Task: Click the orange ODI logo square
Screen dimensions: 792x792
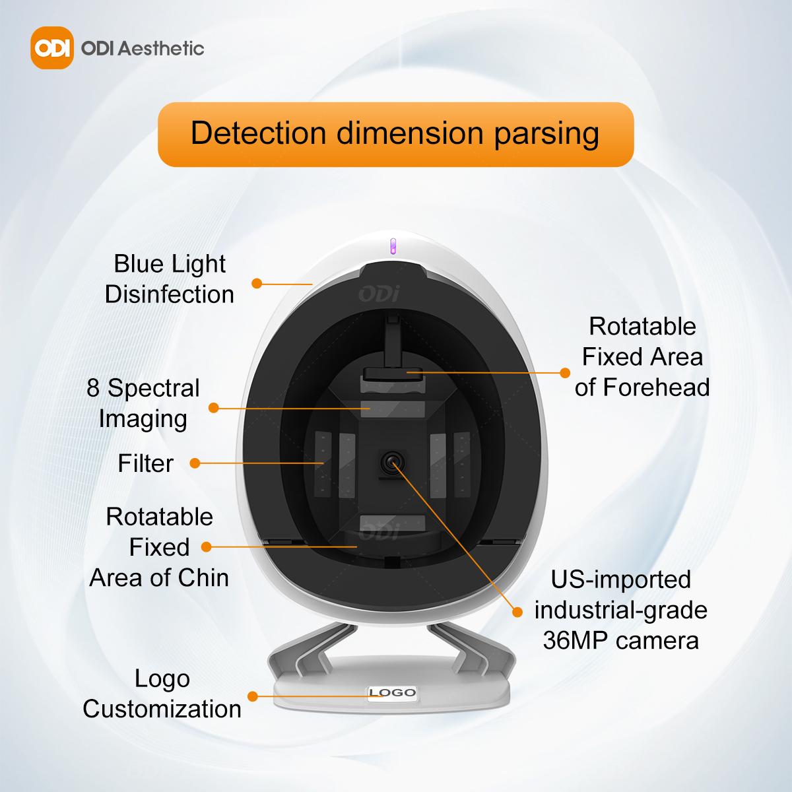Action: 51,48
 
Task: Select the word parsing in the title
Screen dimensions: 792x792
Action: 546,134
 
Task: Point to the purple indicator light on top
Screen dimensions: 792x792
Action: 393,246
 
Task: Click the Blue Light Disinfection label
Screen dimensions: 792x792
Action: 169,279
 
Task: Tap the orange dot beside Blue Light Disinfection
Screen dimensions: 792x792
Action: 257,283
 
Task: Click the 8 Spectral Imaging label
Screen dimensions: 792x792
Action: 143,403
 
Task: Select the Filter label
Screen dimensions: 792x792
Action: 145,463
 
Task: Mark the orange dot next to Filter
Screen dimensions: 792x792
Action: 195,463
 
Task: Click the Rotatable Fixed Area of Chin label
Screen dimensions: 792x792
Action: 159,547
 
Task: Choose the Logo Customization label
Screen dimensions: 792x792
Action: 162,694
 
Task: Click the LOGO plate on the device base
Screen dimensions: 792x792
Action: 392,692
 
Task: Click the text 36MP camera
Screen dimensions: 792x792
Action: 620,640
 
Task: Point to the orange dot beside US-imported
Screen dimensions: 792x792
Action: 517,612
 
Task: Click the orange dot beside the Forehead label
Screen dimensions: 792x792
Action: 565,373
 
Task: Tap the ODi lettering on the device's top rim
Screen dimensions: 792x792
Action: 379,294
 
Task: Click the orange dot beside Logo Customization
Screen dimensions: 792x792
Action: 253,696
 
